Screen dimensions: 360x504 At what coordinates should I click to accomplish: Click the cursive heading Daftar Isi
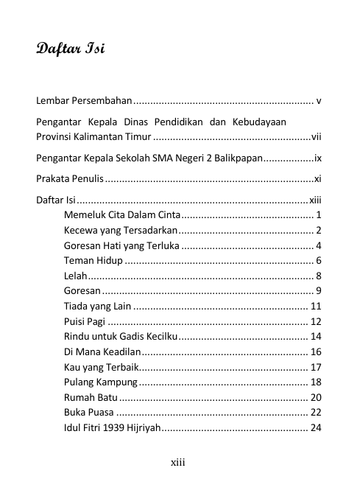point(71,51)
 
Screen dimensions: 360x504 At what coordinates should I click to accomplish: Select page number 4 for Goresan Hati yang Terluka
point(318,246)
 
